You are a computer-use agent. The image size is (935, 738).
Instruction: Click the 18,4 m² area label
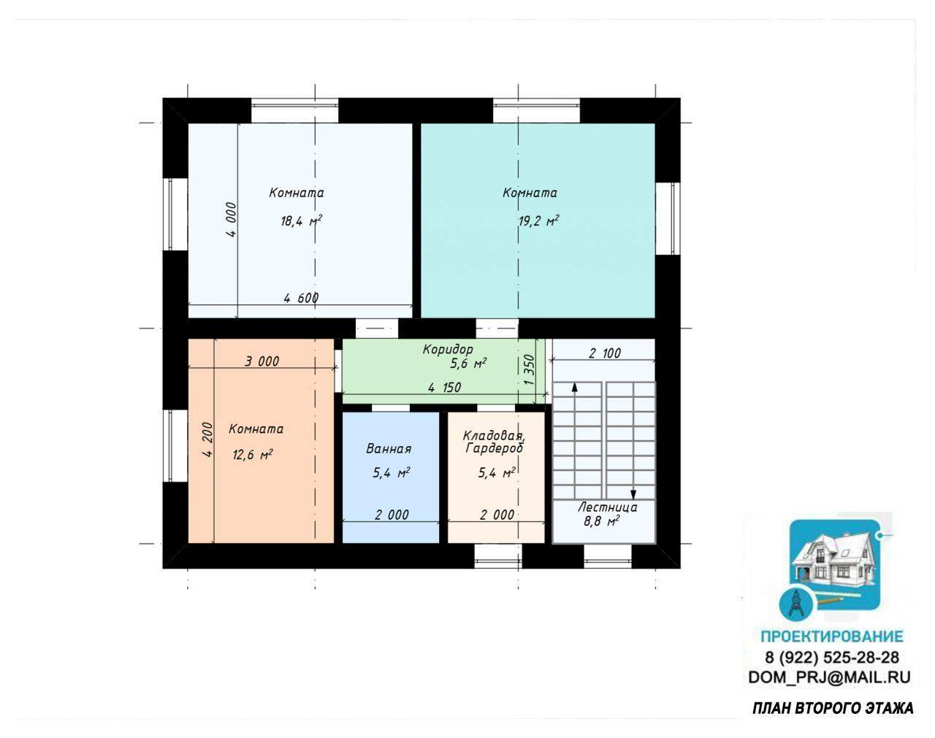pyautogui.click(x=301, y=221)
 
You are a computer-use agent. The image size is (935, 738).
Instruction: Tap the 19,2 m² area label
pyautogui.click(x=538, y=221)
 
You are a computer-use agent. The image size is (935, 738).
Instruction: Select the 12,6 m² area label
pyautogui.click(x=253, y=455)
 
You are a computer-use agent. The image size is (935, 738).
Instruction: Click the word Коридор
pyautogui.click(x=448, y=350)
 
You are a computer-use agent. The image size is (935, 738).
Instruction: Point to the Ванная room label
pyautogui.click(x=389, y=448)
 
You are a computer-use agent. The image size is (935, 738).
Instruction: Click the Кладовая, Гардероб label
pyautogui.click(x=494, y=442)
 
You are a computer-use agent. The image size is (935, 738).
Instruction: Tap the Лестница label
pyautogui.click(x=608, y=507)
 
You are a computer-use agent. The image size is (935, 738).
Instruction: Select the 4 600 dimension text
pyautogui.click(x=301, y=298)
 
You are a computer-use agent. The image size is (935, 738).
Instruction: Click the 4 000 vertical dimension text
pyautogui.click(x=232, y=220)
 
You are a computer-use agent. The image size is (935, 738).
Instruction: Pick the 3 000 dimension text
pyautogui.click(x=262, y=361)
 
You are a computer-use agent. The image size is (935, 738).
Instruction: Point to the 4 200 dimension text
pyautogui.click(x=207, y=439)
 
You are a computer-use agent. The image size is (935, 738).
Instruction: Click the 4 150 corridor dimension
pyautogui.click(x=444, y=387)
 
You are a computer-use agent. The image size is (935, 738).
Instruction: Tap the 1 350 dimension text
pyautogui.click(x=529, y=370)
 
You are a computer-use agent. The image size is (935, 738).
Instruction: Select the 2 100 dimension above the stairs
pyautogui.click(x=605, y=353)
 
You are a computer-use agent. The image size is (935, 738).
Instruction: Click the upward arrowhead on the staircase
pyautogui.click(x=574, y=387)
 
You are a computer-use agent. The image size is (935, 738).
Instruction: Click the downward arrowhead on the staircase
pyautogui.click(x=633, y=495)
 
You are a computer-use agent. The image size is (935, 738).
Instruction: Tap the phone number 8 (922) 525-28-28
pyautogui.click(x=831, y=657)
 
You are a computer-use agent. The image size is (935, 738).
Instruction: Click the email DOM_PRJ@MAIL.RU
pyautogui.click(x=829, y=677)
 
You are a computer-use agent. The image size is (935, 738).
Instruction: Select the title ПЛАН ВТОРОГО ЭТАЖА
pyautogui.click(x=833, y=709)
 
